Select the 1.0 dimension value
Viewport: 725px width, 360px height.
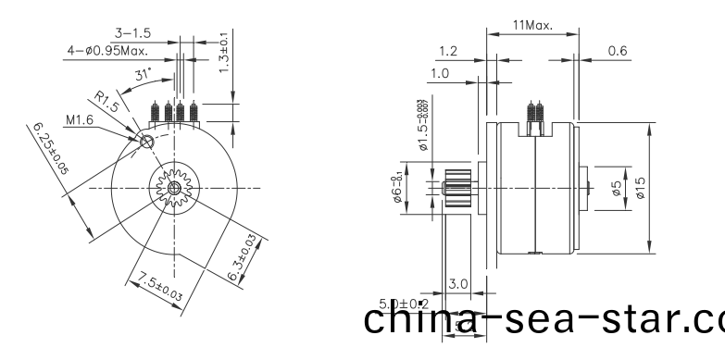pos(438,73)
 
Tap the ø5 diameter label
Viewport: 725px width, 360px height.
pos(616,188)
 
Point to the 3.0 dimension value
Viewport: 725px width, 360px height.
pos(457,282)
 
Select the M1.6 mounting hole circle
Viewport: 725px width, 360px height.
pos(146,142)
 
